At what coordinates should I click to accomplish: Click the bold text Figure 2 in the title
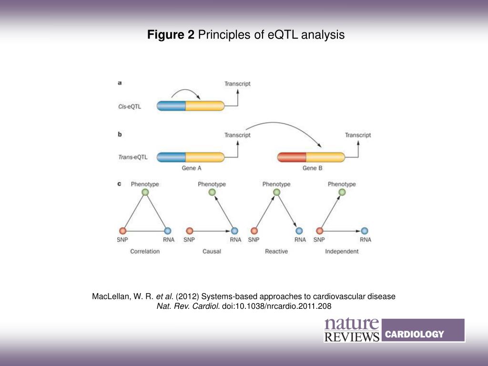171,35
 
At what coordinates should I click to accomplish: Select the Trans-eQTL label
133,157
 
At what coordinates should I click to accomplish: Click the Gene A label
192,168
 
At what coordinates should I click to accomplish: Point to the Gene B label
312,168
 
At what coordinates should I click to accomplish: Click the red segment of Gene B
291,157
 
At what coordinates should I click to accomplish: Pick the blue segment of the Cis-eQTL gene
171,106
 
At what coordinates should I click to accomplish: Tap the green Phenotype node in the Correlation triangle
145,192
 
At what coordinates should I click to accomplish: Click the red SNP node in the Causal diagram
189,231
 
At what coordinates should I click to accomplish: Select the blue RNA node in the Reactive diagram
299,231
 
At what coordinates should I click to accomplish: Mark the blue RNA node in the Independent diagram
365,231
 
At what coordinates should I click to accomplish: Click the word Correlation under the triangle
145,251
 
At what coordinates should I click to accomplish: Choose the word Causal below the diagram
212,251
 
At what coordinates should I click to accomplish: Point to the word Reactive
276,251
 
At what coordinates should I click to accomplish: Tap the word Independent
342,251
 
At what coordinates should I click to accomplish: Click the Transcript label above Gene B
358,135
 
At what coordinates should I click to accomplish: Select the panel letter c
119,183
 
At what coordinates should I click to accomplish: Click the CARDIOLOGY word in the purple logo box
414,334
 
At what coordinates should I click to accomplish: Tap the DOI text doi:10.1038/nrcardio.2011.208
276,306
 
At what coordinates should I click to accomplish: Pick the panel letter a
120,82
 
